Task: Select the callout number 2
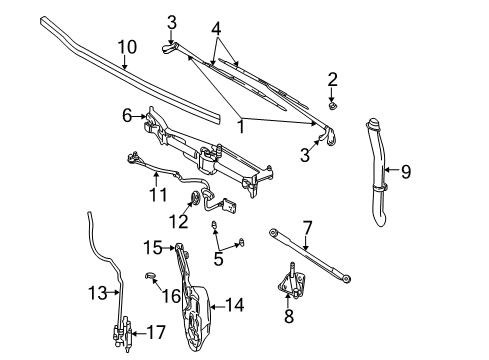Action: tap(331, 79)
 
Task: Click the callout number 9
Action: tap(406, 170)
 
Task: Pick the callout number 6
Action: tap(128, 116)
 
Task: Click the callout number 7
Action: tap(307, 226)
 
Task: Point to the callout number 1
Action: tap(239, 126)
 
